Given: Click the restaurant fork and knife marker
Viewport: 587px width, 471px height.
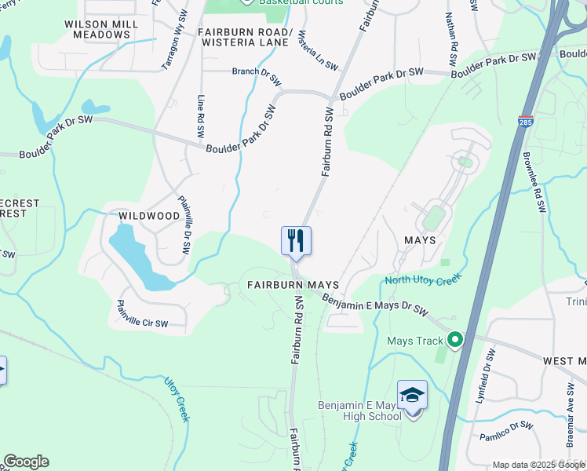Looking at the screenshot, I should pos(297,240).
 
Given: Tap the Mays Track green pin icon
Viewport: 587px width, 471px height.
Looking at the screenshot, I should pos(454,341).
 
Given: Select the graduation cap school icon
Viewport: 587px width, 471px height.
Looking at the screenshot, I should pos(412,395).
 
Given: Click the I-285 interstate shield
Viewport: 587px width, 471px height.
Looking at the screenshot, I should pos(526,122).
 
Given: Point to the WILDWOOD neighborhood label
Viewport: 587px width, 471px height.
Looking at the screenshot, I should pos(149,215).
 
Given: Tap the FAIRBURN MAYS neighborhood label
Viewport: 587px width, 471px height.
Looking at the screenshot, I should pos(293,284).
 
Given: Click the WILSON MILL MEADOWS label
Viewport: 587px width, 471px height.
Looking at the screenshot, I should pos(102,30).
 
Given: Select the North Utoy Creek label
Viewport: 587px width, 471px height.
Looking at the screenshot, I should pos(421,279).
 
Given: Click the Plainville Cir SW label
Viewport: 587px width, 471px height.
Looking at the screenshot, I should pos(142,313).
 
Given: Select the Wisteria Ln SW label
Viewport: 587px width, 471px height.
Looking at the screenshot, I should pos(313,46).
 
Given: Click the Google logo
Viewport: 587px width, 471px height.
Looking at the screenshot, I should pos(26,462).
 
